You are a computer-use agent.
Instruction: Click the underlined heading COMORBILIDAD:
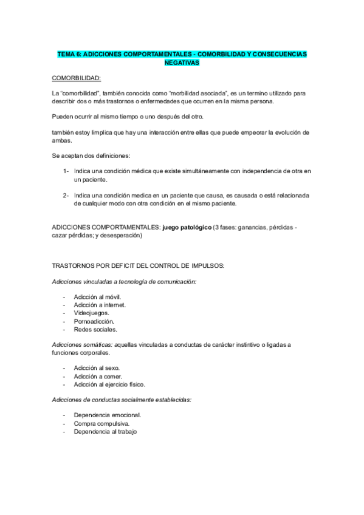click(x=77, y=78)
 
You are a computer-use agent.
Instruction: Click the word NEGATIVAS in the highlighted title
click(x=182, y=63)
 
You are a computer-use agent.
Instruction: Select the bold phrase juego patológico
click(x=186, y=227)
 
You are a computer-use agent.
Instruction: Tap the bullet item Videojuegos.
click(x=91, y=313)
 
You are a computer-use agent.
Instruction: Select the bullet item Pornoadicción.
click(x=94, y=321)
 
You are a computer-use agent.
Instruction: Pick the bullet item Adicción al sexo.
click(x=97, y=368)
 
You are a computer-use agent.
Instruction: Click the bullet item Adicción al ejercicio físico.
click(x=110, y=384)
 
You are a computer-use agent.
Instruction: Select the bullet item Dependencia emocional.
click(x=107, y=415)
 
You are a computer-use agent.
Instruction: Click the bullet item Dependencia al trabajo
click(x=105, y=431)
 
